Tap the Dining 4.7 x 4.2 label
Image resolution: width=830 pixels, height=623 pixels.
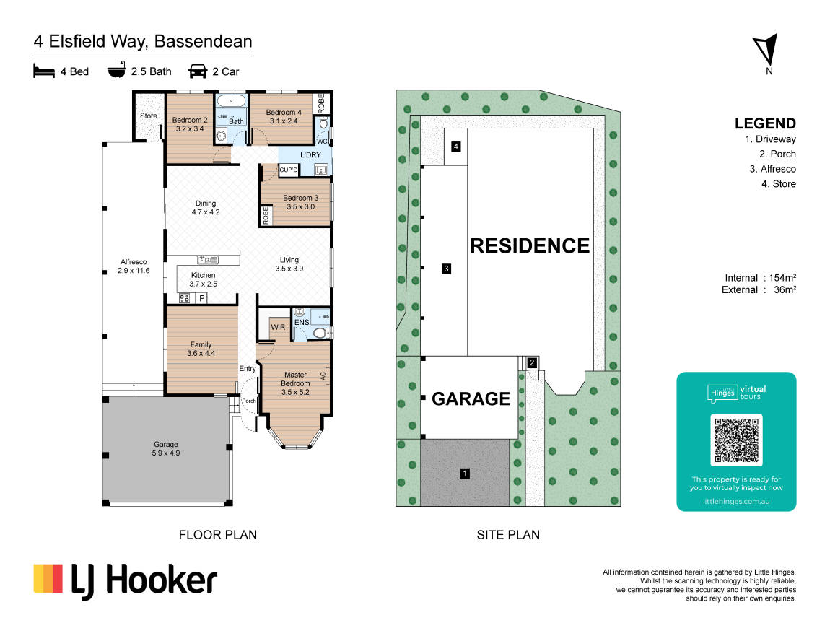[206, 207]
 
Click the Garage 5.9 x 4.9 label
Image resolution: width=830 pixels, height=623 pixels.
[166, 449]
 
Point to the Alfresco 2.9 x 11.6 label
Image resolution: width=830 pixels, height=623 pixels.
[134, 266]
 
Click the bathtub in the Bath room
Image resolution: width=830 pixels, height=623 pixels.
[232, 100]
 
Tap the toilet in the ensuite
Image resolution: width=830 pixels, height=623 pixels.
[320, 333]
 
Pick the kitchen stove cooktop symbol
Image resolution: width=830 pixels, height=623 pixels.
[184, 299]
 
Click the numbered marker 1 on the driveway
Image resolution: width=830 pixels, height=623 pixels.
[465, 473]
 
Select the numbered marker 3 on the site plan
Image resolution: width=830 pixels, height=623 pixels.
[446, 269]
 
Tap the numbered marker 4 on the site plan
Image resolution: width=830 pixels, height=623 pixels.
[455, 147]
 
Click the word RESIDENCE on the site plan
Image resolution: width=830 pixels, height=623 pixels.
[530, 246]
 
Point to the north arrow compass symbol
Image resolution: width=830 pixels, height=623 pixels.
[766, 51]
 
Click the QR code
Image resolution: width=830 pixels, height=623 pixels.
[736, 440]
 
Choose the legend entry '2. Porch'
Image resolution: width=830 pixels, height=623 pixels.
[777, 154]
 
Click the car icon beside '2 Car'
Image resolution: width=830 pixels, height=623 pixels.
[198, 71]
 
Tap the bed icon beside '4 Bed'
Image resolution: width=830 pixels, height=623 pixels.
[44, 71]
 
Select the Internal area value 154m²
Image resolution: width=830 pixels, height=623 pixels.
[782, 278]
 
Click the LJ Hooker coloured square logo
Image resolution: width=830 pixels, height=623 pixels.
[48, 578]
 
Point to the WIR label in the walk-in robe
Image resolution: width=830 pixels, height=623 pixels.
[278, 327]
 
